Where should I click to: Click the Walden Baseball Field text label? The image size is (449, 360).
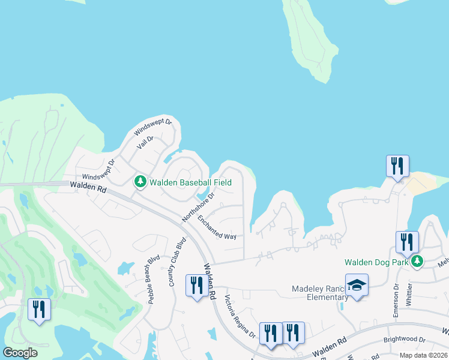(190, 182)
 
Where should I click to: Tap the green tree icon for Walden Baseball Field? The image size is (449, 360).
(140, 181)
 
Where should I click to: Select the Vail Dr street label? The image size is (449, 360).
(145, 142)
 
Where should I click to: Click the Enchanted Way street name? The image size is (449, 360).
(217, 227)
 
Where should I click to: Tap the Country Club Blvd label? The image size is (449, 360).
(177, 262)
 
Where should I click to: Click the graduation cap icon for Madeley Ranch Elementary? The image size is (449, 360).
(357, 286)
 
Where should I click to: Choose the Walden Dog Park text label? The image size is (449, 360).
(376, 262)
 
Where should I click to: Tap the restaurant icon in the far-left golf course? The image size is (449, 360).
(39, 309)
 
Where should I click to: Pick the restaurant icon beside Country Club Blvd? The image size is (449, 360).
(197, 285)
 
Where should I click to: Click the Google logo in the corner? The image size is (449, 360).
(20, 353)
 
